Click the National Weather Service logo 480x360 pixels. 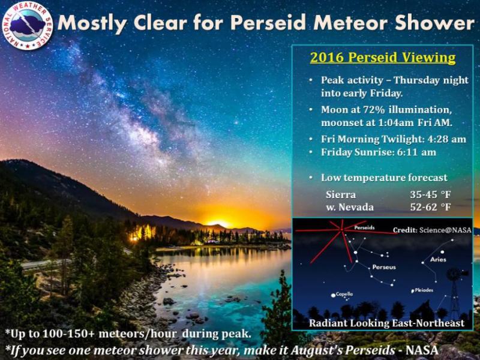pyautogui.click(x=27, y=26)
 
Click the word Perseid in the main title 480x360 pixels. pyautogui.click(x=268, y=23)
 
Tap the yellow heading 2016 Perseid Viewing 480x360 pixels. pyautogui.click(x=383, y=58)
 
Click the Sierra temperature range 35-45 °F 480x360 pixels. pyautogui.click(x=430, y=194)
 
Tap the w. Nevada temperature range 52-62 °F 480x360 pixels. pyautogui.click(x=430, y=207)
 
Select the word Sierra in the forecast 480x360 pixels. pyautogui.click(x=341, y=194)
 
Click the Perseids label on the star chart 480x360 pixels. pyautogui.click(x=364, y=227)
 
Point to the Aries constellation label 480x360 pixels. pyautogui.click(x=438, y=260)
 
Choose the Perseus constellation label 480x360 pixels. pyautogui.click(x=384, y=267)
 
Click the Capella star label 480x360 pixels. pyautogui.click(x=344, y=294)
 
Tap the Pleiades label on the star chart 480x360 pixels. pyautogui.click(x=424, y=290)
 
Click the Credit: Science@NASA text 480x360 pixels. pyautogui.click(x=432, y=230)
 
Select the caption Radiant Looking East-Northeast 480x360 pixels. pyautogui.click(x=386, y=323)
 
